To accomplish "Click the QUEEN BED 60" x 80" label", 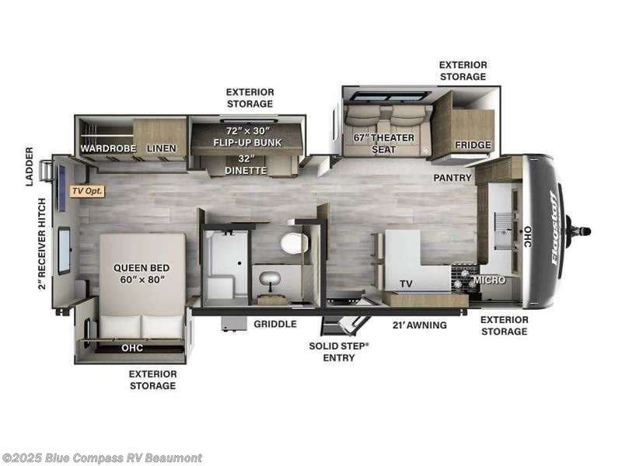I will tap(142, 273).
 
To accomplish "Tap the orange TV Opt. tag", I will tap(87, 190).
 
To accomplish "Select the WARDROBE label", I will tap(108, 148).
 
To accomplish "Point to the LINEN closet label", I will tap(160, 148).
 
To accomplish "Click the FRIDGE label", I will tap(472, 145).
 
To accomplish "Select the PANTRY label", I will tap(453, 178).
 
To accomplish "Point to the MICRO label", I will tap(490, 280).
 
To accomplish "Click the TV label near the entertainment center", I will tap(406, 284).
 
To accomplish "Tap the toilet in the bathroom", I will tap(295, 243).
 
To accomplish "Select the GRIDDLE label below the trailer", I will tap(275, 325).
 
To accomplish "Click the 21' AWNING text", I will tap(421, 325).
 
